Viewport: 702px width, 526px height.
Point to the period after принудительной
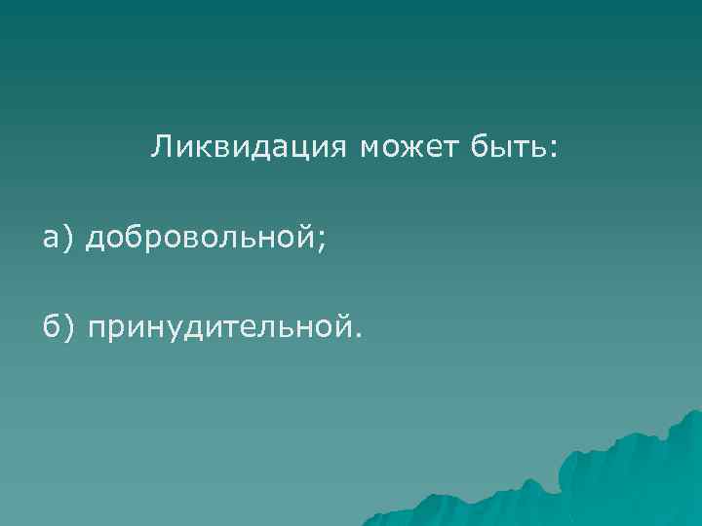coord(357,337)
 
